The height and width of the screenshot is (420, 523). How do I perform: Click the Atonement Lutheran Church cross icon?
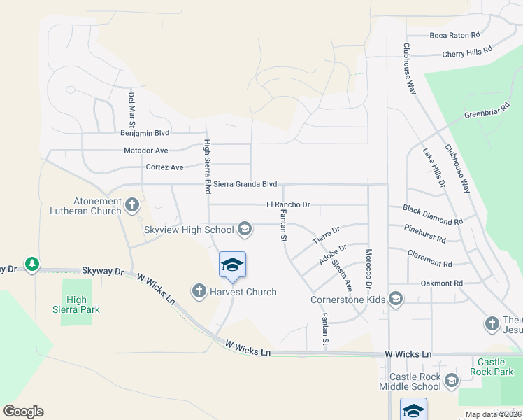coord(132,204)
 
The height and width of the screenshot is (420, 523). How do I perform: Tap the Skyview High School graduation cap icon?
coord(245,228)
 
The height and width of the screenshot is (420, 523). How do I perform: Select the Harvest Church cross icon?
coord(199,290)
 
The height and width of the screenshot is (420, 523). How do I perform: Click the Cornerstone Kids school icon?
coord(395,299)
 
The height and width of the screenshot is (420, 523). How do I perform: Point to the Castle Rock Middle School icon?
coord(451,381)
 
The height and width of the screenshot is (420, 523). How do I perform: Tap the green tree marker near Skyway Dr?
coord(31,265)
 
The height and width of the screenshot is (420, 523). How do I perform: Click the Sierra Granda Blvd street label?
coord(245,184)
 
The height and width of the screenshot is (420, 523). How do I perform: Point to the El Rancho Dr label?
coord(288,204)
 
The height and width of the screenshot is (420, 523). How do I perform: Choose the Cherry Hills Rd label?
coord(468,52)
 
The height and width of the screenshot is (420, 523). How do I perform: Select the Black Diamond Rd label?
coord(432,215)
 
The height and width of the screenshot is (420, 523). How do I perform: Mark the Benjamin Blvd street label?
coord(145,132)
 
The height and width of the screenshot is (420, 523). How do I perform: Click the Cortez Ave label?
coord(164,167)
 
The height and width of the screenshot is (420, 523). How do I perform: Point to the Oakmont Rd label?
coord(442,283)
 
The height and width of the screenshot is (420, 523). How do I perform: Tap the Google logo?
coord(23,412)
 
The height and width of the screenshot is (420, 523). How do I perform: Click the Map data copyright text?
coord(494,414)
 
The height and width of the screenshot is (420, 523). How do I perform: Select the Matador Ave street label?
coord(146,150)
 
